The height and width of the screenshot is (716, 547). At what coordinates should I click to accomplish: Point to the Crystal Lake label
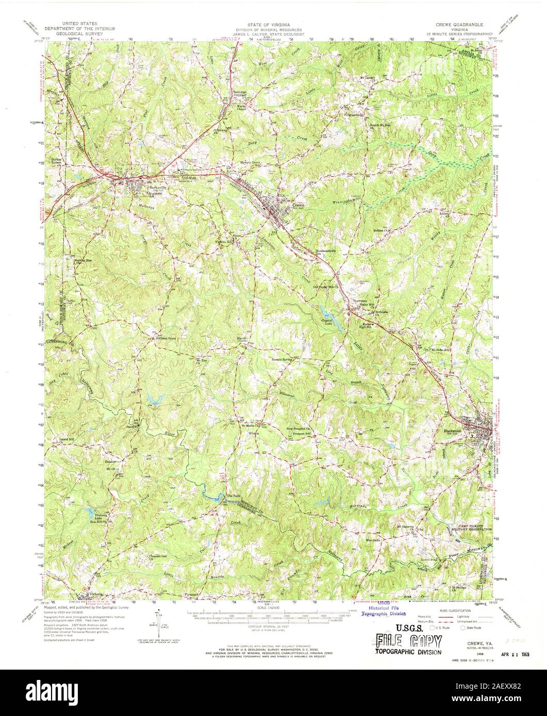326,323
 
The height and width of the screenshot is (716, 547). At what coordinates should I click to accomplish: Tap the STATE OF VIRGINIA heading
273,24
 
